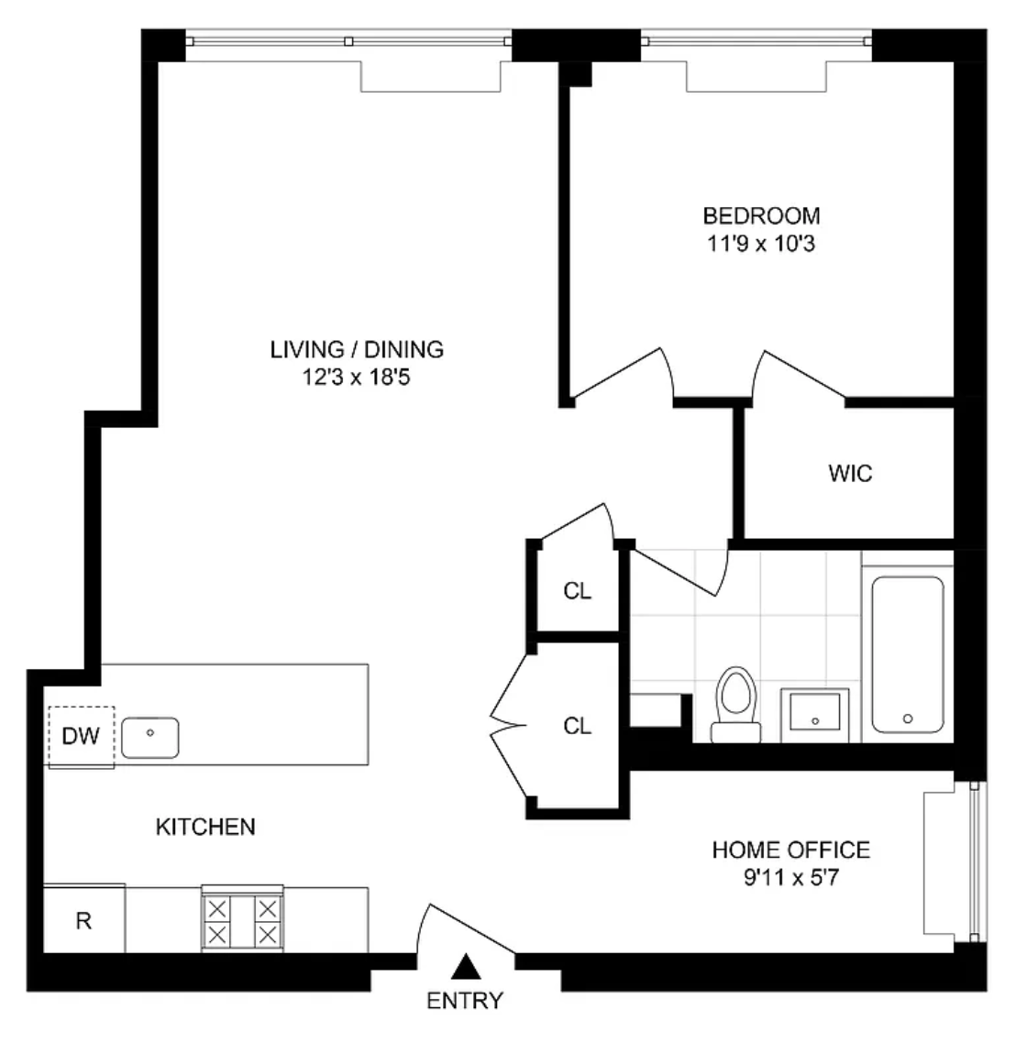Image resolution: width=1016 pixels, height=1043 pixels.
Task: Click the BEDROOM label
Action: coord(761,215)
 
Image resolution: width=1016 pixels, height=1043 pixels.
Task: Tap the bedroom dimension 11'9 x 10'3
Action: coord(761,244)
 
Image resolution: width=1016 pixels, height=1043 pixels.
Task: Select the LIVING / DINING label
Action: coord(357,349)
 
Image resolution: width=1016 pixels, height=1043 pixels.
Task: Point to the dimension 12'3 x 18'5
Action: coord(357,378)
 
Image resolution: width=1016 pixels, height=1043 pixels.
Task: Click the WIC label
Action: coord(850,473)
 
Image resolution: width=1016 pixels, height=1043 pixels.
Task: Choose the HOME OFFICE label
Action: coord(791,850)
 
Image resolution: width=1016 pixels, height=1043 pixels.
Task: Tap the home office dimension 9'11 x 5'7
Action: coord(791,877)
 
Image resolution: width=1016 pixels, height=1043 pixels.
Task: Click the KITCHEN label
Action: coord(205,826)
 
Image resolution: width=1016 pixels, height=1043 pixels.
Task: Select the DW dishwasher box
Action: coord(82,736)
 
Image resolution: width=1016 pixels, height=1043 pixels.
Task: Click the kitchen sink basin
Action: coord(150,737)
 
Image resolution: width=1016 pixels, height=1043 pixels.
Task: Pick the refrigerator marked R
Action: coord(83,919)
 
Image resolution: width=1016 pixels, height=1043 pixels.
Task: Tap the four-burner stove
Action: coord(243,919)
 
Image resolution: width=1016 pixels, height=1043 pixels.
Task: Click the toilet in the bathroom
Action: coord(736,705)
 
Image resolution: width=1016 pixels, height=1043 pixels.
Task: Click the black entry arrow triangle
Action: coord(466,967)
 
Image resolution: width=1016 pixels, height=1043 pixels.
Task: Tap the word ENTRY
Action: coord(464,1001)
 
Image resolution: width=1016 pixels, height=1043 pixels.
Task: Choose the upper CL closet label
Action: coord(577,590)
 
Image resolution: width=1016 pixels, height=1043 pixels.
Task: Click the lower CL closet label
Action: coord(577,726)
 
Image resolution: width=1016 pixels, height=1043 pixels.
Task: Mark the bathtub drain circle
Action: coord(908,719)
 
